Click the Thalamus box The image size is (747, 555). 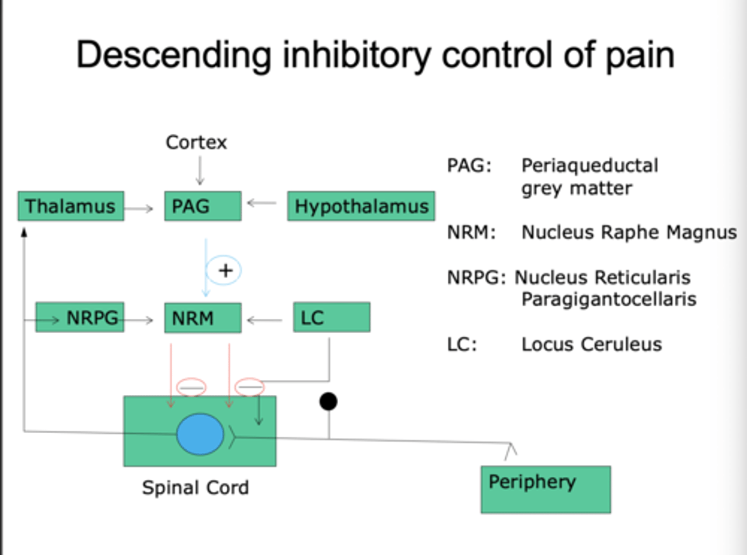[x=71, y=206]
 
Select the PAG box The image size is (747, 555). [x=203, y=206]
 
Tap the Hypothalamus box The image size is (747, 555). [x=361, y=206]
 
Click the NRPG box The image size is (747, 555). [x=80, y=317]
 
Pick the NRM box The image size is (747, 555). [x=203, y=318]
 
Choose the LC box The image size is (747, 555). [x=331, y=317]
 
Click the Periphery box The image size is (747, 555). [x=546, y=489]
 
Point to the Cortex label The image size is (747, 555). [x=196, y=142]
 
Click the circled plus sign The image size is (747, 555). [x=224, y=270]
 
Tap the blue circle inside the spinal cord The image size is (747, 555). [x=200, y=434]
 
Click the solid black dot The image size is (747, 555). [x=328, y=401]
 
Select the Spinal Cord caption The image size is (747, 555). [x=196, y=488]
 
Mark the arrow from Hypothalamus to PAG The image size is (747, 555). [x=262, y=203]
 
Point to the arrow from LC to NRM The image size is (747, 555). [x=265, y=320]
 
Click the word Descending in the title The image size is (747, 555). [x=174, y=55]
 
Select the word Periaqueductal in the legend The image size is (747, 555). [x=590, y=165]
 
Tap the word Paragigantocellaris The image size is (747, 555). [x=608, y=299]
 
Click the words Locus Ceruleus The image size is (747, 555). [x=591, y=344]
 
